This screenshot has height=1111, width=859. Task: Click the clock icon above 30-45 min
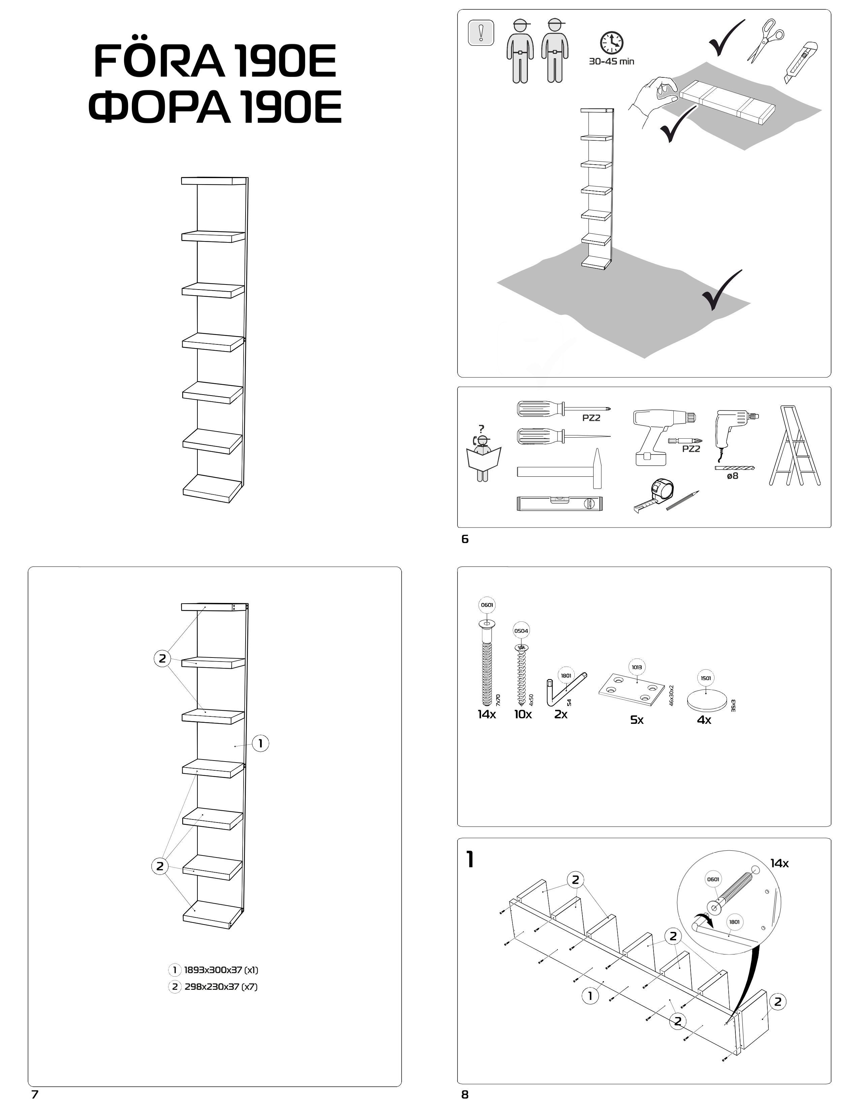(611, 43)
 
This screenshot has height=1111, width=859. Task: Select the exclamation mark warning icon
(480, 33)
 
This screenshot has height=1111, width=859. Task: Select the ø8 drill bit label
(732, 476)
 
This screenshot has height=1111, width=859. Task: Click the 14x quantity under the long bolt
(486, 714)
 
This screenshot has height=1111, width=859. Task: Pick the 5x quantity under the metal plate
(637, 719)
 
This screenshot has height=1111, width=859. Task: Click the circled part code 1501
(705, 678)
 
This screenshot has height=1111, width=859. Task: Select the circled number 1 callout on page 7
(260, 743)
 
